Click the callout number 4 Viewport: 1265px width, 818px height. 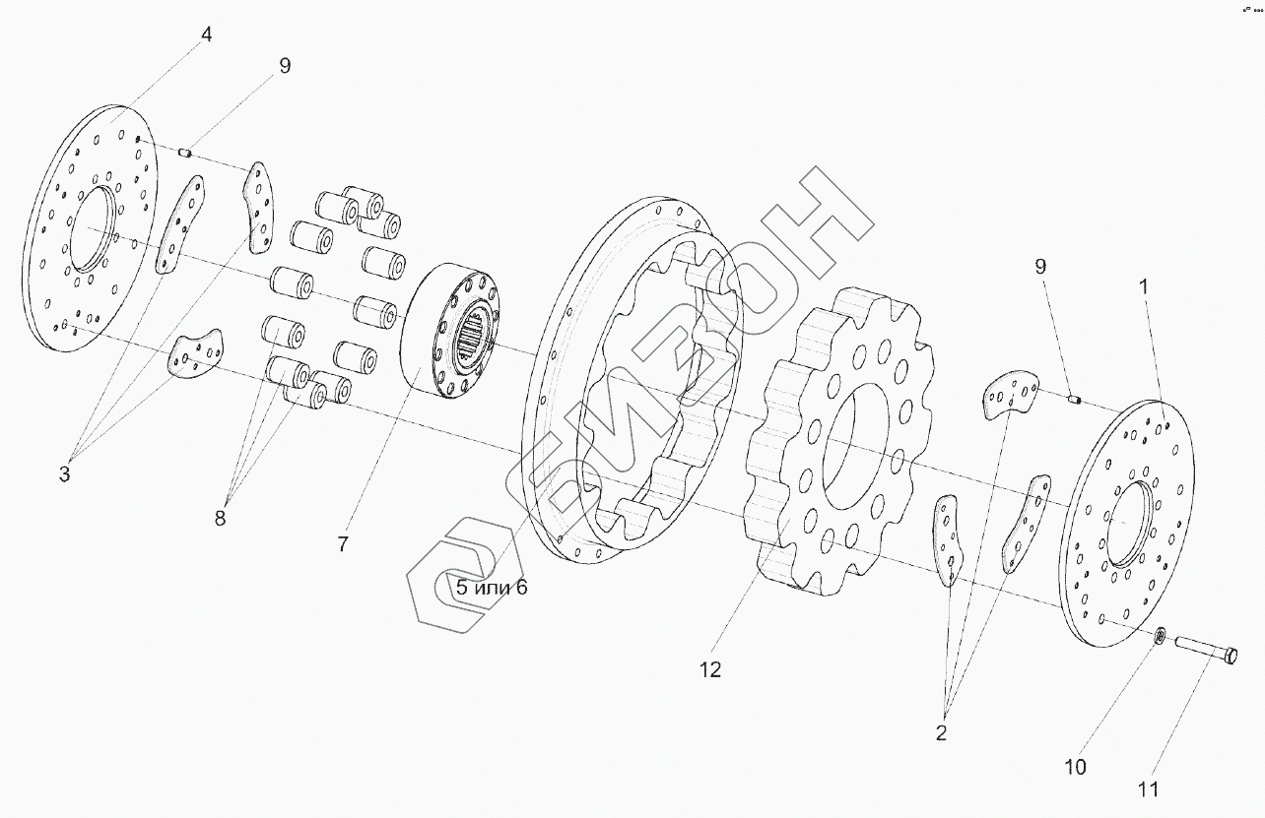[x=206, y=35]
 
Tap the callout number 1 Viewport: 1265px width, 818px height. [x=1144, y=287]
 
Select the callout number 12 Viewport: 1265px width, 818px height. [x=710, y=670]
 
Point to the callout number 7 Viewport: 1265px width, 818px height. [x=343, y=544]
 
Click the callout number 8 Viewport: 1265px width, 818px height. [x=220, y=518]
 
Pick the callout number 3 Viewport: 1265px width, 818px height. [x=64, y=473]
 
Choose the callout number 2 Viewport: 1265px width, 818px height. [x=941, y=733]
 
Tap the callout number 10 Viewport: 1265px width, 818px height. [x=1075, y=767]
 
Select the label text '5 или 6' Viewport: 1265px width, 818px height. [x=492, y=588]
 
